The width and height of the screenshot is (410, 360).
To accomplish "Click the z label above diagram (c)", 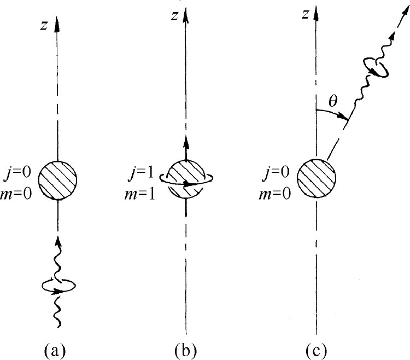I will (304, 15).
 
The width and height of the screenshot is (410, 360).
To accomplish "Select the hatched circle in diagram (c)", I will (316, 179).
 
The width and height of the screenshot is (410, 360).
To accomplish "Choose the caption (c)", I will (316, 346).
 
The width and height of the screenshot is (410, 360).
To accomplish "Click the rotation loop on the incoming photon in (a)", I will (58, 285).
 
